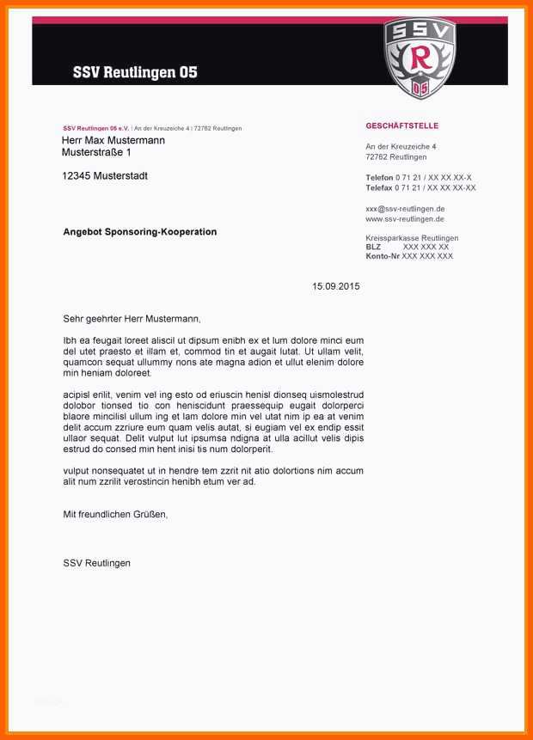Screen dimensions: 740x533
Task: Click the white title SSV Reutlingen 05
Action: click(x=135, y=73)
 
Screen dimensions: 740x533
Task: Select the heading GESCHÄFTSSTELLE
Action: click(x=401, y=126)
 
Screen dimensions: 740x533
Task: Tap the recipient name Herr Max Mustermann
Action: click(x=113, y=140)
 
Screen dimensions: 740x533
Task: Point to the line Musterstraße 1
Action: click(x=96, y=153)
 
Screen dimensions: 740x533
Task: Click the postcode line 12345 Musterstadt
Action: click(x=105, y=176)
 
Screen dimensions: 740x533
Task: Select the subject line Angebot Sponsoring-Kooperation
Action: click(x=140, y=232)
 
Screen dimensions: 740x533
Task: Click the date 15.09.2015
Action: click(x=335, y=286)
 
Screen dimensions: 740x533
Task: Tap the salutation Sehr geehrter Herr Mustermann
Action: click(x=132, y=318)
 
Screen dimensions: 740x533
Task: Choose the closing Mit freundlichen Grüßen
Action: click(x=115, y=514)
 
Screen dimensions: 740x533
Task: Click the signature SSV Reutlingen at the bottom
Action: click(x=97, y=563)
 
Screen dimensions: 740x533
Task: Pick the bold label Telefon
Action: click(x=379, y=178)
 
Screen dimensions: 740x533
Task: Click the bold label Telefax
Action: click(x=379, y=187)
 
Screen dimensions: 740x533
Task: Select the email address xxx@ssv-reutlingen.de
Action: click(x=405, y=209)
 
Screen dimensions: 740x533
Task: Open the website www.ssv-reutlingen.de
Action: click(x=405, y=219)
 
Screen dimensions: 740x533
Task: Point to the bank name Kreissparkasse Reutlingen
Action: click(x=412, y=238)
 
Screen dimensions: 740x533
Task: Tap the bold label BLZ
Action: click(x=373, y=247)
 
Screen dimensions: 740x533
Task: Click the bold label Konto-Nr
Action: click(x=383, y=256)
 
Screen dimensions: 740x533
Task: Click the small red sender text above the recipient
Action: click(x=95, y=128)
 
